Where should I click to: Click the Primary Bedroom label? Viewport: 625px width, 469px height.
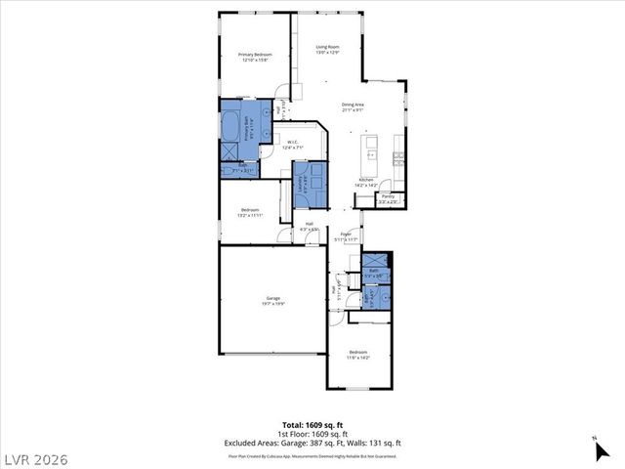point(255,57)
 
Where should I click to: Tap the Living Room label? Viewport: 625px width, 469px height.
point(327,49)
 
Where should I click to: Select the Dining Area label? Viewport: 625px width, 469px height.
point(353,107)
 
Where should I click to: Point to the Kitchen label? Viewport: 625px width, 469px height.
point(366,182)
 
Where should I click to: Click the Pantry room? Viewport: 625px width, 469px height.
point(388,198)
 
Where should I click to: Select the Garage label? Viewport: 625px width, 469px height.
point(272,300)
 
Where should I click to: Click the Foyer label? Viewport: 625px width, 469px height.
point(346,236)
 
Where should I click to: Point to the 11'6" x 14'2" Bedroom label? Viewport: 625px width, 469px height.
point(358,354)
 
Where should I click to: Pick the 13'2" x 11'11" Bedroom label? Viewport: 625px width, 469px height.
point(251,212)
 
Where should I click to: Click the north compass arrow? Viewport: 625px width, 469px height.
point(596,449)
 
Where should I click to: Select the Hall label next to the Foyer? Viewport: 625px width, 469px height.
point(310,227)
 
